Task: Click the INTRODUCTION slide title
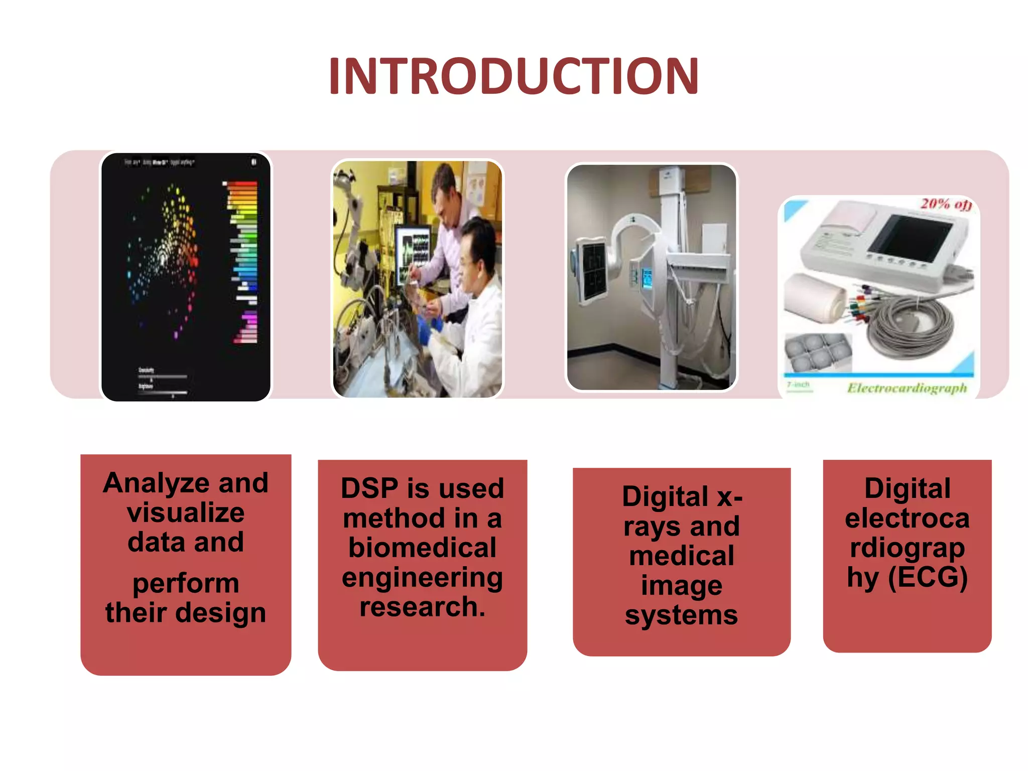[513, 76]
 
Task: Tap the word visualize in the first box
[185, 513]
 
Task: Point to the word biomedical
[422, 548]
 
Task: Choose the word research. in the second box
[422, 607]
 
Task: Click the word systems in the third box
[681, 615]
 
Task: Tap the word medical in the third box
[681, 556]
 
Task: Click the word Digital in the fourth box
[907, 488]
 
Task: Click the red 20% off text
[945, 204]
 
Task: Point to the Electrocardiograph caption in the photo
[907, 388]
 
